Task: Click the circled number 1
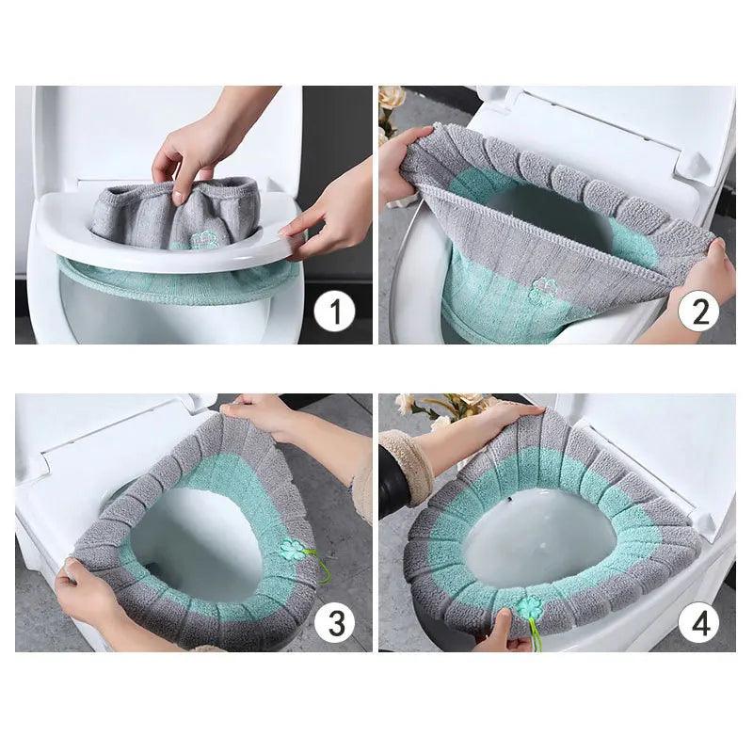pos(334,312)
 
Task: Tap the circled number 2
pos(698,312)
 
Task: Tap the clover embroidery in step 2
pos(543,290)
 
